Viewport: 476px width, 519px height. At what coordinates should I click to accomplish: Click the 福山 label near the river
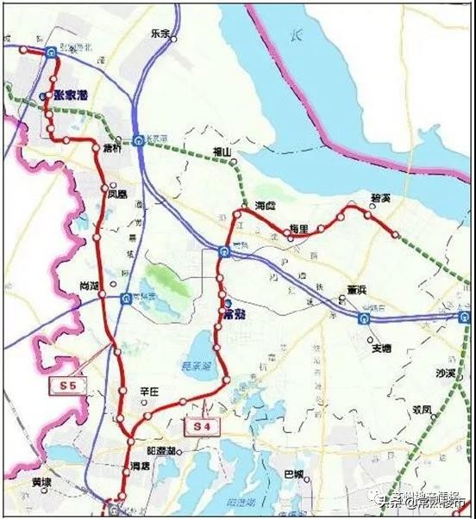point(222,152)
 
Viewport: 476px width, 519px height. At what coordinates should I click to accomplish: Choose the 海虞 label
point(266,207)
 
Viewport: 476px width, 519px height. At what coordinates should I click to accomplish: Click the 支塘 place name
point(381,349)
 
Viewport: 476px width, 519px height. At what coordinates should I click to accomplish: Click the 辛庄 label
point(150,392)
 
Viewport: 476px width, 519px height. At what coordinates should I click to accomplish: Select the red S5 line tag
point(68,386)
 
